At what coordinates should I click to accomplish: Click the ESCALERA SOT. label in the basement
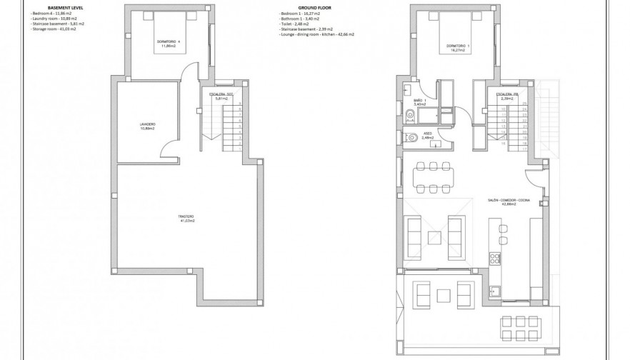(x=219, y=96)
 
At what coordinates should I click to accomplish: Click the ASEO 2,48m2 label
(x=426, y=136)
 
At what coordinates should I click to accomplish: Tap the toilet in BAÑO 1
(x=409, y=115)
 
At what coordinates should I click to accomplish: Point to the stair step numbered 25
(x=524, y=104)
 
